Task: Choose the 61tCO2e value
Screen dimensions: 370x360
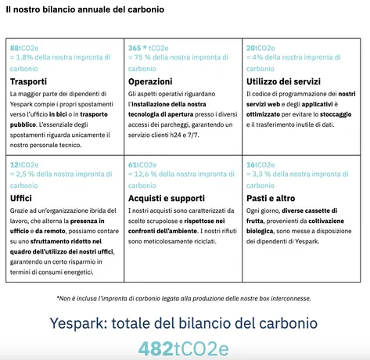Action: pos(142,165)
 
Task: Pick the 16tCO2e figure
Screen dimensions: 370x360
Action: pos(260,165)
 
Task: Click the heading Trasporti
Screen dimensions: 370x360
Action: pos(29,81)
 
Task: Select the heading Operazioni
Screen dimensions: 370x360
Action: pos(151,81)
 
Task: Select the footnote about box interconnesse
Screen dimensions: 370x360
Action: pos(185,298)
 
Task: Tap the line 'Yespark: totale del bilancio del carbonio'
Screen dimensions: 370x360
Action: pos(185,322)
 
